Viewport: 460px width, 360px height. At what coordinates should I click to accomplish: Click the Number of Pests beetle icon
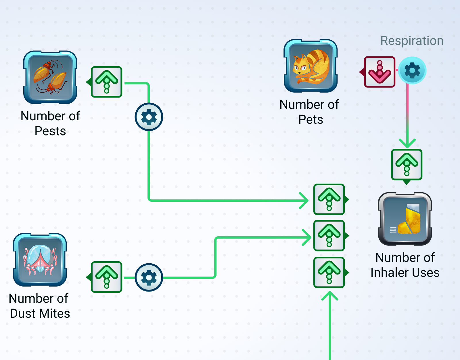pos(50,77)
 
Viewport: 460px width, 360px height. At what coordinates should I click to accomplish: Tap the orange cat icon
pos(310,66)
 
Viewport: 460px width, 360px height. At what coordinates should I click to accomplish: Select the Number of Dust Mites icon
pos(40,260)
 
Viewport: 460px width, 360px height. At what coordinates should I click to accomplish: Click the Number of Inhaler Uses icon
pos(405,219)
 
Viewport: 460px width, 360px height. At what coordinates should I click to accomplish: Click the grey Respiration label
pos(412,41)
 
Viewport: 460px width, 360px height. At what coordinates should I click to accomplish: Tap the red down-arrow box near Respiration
pos(379,72)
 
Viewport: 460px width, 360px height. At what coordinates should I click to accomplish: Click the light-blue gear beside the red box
pos(412,70)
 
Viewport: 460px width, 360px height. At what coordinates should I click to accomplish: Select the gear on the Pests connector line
pos(149,117)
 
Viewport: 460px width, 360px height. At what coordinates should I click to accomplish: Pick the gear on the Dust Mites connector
pos(149,277)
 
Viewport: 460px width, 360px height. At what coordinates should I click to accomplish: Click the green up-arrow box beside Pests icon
pos(106,82)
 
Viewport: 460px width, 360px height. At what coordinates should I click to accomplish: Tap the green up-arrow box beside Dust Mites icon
pos(106,277)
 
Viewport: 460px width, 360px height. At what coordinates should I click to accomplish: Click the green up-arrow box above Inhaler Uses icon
pos(407,165)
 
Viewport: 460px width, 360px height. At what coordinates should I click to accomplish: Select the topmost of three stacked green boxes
pos(329,199)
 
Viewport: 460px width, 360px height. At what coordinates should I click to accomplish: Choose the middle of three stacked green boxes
pos(329,236)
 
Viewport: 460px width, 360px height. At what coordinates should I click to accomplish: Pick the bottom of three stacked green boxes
pos(329,272)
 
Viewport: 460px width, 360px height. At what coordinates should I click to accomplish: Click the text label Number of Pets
pos(309,112)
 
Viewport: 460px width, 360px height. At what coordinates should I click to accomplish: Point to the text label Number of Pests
pos(50,123)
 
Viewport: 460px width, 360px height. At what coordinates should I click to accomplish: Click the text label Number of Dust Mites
pos(39,306)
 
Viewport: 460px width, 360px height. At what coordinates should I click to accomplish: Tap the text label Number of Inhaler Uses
pos(405,265)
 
